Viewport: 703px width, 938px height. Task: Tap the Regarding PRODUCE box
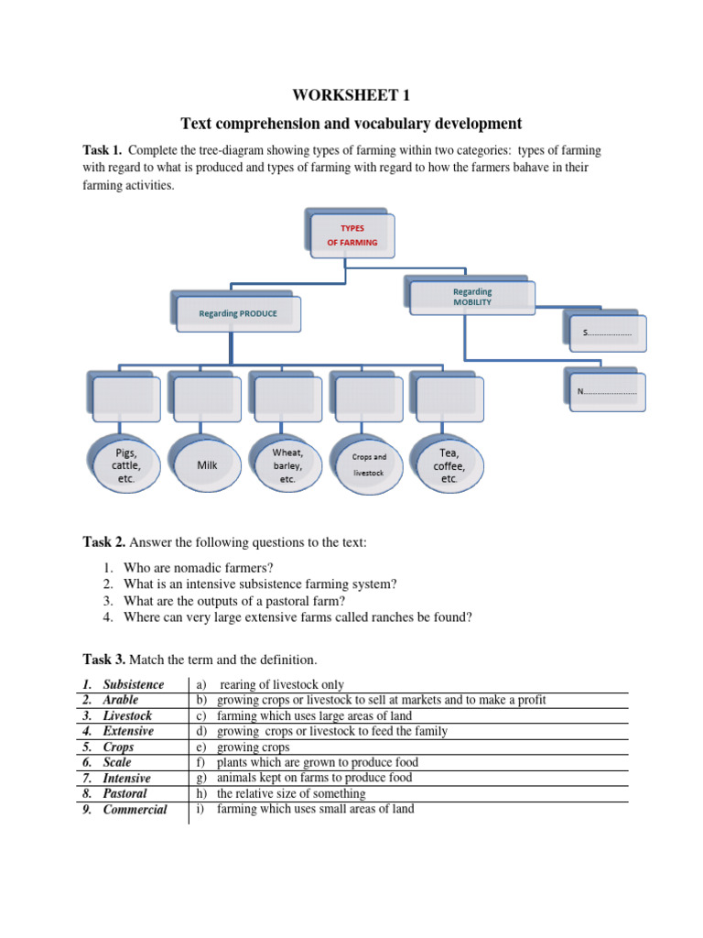[237, 313]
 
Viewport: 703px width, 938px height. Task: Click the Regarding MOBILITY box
[471, 297]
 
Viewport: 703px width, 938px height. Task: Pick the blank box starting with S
[607, 333]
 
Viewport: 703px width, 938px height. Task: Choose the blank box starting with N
[607, 392]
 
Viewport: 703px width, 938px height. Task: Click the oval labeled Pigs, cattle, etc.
[125, 465]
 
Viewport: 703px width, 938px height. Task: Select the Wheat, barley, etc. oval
[287, 465]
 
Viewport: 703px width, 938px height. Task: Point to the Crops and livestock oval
[369, 464]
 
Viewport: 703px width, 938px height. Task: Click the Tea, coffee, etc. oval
[449, 465]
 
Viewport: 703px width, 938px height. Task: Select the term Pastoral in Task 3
[124, 793]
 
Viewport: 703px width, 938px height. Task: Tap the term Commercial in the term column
[135, 810]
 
